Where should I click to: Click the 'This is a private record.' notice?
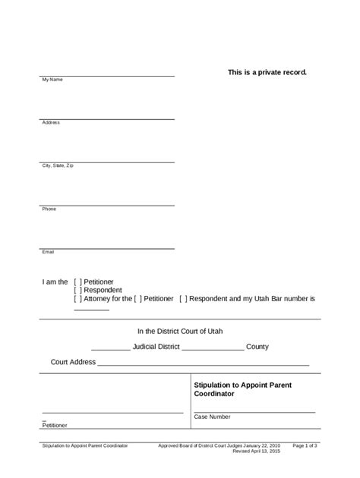tap(267, 72)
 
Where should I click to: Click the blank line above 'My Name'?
tap(108, 76)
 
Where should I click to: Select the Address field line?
tap(108, 119)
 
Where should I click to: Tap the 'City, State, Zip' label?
tap(58, 165)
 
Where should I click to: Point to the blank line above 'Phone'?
tap(108, 205)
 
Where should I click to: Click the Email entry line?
tap(108, 248)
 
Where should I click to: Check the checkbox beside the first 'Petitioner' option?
tap(78, 281)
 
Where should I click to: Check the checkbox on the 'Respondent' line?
tap(78, 290)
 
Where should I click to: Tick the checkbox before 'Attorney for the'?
tap(78, 299)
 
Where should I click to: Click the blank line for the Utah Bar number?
tap(92, 310)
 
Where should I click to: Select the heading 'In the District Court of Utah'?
tap(180, 331)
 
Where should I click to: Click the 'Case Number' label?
tap(212, 417)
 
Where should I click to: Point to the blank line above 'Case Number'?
tap(254, 411)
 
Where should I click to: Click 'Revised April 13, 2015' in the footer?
tap(257, 451)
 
